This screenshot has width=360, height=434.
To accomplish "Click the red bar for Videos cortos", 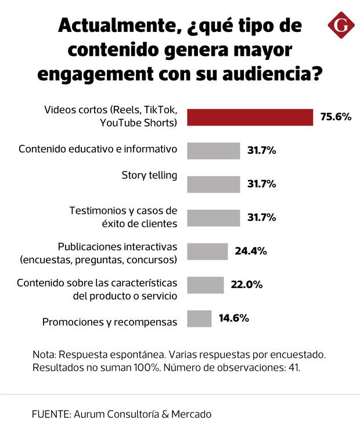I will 250,117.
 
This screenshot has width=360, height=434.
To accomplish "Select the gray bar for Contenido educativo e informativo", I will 213,150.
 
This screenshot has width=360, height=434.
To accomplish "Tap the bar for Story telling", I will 213,184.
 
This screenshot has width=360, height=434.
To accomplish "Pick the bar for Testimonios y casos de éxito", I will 213,218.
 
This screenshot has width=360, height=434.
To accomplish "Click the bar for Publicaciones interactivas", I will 207,252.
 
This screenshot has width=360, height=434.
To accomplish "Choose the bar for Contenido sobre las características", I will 205,285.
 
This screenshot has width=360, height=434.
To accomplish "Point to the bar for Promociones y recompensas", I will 199,318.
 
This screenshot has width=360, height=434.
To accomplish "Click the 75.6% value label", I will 336,117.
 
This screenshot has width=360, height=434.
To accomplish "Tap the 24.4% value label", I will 250,252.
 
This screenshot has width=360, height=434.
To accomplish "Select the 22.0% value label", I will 247,285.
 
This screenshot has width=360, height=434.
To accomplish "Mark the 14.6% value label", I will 234,318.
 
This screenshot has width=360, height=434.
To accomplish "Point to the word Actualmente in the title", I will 116,26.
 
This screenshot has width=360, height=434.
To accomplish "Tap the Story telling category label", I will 149,175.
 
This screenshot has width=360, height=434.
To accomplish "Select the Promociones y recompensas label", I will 110,321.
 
